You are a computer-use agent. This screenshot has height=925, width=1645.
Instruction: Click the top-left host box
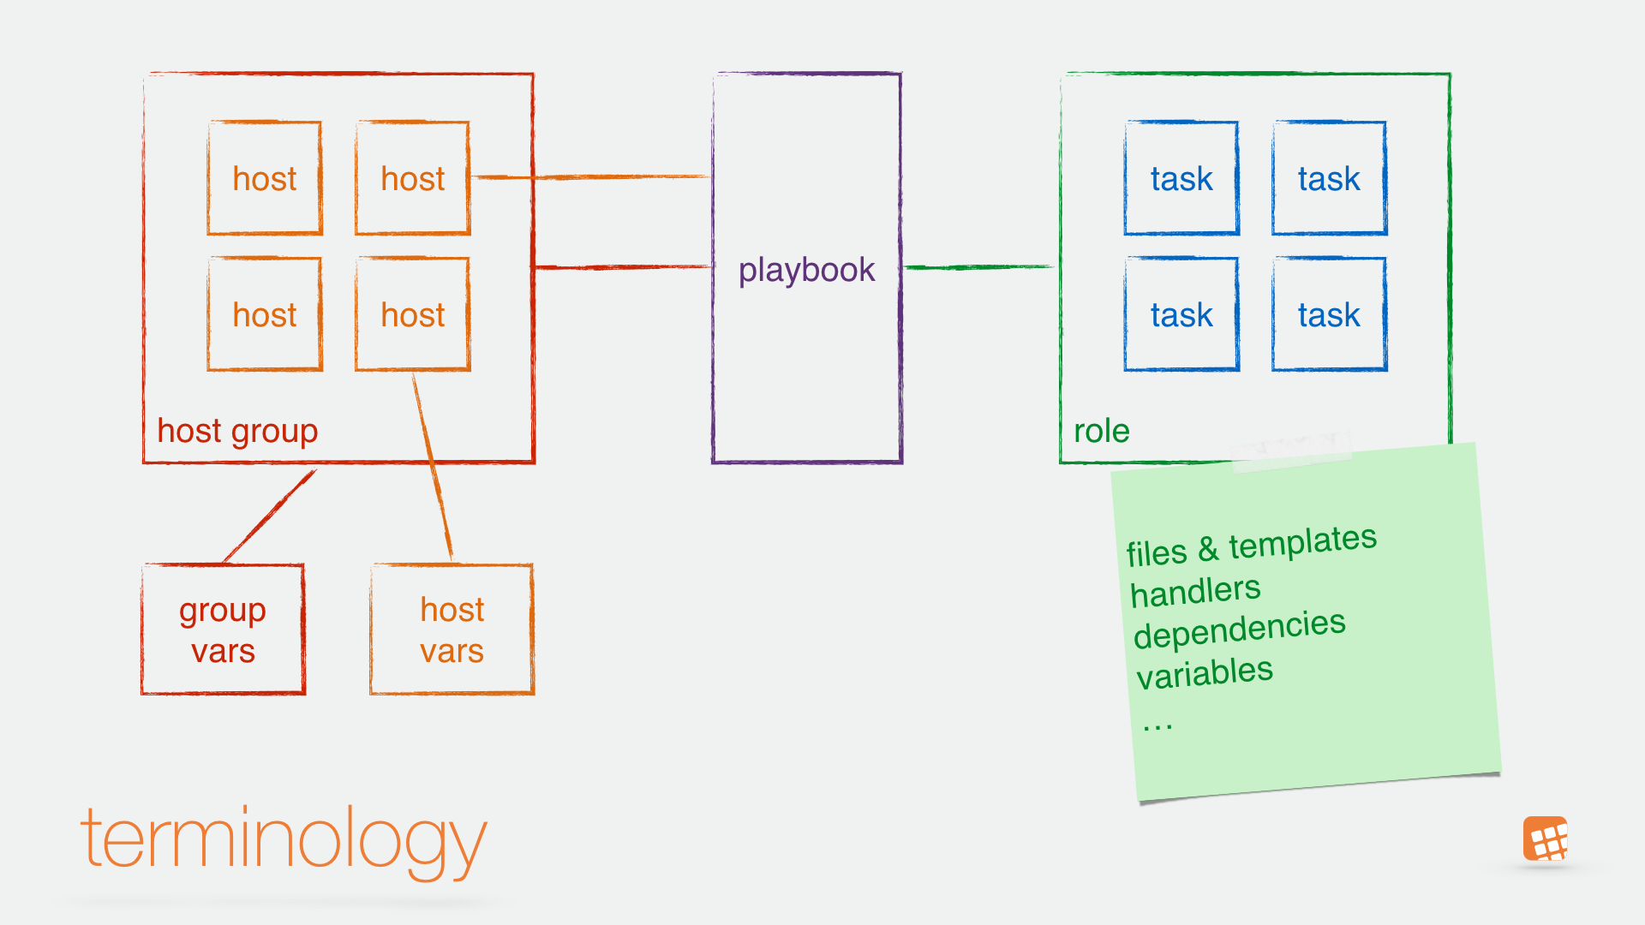click(265, 178)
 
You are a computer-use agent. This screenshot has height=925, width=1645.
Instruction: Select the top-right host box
click(412, 178)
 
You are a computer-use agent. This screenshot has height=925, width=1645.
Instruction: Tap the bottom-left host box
click(265, 314)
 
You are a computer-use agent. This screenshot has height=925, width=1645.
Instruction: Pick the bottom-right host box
click(412, 314)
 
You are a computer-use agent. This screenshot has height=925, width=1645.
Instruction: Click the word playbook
click(806, 270)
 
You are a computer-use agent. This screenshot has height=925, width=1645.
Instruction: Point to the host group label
click(237, 431)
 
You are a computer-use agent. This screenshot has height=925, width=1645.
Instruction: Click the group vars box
click(223, 630)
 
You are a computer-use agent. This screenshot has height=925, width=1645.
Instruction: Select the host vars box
click(452, 630)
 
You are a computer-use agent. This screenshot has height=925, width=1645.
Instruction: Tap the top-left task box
click(1181, 178)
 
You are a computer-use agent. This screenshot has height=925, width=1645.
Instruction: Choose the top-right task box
click(1329, 178)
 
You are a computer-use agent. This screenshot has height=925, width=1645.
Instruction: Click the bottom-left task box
click(1181, 314)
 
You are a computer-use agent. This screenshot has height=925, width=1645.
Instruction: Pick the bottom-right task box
click(1329, 314)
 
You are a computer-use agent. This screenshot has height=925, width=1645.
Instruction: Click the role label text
click(1102, 431)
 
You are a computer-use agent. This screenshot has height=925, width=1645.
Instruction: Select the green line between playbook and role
click(979, 267)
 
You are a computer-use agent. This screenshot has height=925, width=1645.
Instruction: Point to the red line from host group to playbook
click(621, 267)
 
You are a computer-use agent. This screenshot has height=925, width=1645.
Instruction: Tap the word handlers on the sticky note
click(1196, 592)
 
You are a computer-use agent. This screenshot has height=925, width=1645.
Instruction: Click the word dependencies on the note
click(1239, 630)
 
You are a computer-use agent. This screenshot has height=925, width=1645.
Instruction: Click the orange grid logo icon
click(1546, 838)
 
